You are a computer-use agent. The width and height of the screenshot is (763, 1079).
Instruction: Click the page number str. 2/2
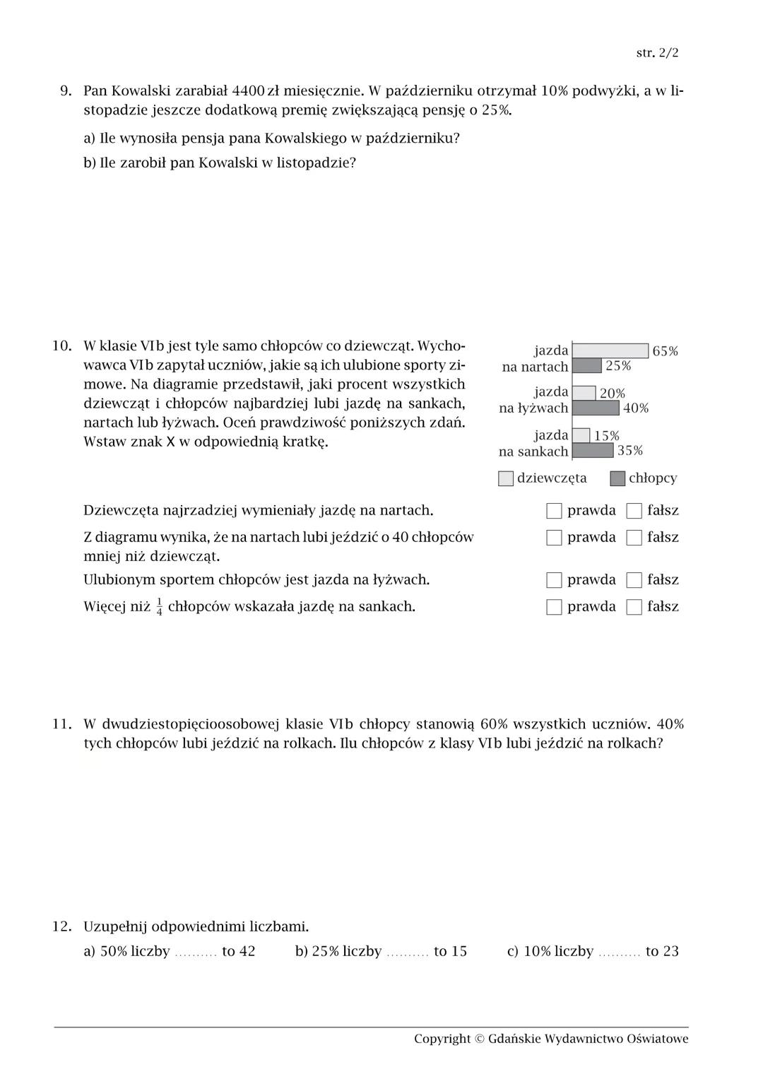pos(657,53)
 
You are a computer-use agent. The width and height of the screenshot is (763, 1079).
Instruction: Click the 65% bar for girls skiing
pos(610,350)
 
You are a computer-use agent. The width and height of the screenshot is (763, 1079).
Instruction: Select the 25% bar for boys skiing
pos(586,365)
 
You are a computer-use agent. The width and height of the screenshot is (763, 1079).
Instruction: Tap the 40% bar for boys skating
pos(596,408)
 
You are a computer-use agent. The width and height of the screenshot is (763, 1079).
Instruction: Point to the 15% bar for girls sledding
pos(581,435)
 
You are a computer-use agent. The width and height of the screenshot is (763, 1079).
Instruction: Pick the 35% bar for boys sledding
pos(593,451)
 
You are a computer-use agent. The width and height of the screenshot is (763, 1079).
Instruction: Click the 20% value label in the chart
pos(613,394)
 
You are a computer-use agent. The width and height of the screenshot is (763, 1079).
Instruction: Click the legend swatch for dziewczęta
pos(506,478)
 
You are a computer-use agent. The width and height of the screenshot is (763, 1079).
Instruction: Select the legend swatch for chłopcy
pos(617,478)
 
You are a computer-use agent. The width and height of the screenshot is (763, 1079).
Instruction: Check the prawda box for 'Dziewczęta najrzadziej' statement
pos(555,510)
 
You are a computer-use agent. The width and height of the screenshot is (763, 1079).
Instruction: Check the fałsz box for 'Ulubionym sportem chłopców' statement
pos(634,580)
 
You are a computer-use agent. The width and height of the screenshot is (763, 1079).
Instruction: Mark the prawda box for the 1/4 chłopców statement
pos(555,607)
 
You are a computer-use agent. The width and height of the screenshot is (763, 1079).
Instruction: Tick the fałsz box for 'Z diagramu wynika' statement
pos(634,537)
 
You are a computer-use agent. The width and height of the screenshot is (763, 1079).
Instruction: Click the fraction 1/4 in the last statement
pos(159,607)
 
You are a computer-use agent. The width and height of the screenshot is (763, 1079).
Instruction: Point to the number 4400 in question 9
pos(248,90)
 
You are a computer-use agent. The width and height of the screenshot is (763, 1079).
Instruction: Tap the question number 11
pos(62,724)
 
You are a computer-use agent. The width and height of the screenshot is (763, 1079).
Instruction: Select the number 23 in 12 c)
pos(670,951)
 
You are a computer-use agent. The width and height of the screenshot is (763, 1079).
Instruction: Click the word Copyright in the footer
pos(442,1039)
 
